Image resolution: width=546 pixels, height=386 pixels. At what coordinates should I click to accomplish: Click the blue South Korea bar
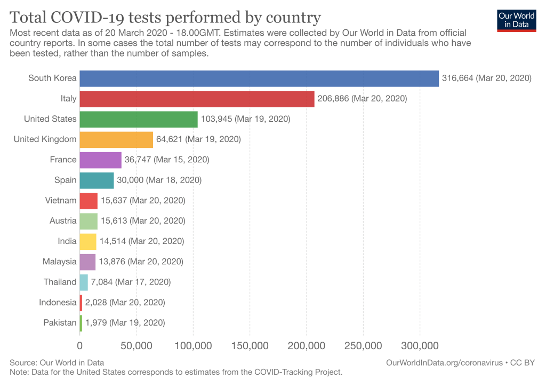pyautogui.click(x=259, y=78)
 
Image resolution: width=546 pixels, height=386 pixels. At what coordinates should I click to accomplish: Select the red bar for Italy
pyautogui.click(x=197, y=99)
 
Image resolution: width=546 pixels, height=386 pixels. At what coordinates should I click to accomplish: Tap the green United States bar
pyautogui.click(x=139, y=119)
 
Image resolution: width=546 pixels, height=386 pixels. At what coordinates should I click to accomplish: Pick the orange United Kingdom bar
pyautogui.click(x=116, y=139)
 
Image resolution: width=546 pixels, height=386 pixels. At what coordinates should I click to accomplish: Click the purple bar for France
pyautogui.click(x=101, y=160)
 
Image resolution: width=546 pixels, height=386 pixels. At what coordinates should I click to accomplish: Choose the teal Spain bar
pyautogui.click(x=97, y=180)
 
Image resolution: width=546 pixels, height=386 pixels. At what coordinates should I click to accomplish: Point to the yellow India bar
pyautogui.click(x=88, y=241)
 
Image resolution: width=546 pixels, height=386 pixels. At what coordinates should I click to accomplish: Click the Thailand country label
pyautogui.click(x=60, y=282)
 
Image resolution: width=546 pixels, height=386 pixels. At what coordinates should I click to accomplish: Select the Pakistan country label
pyautogui.click(x=60, y=322)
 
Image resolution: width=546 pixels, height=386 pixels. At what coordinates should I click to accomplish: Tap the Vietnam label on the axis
pyautogui.click(x=61, y=201)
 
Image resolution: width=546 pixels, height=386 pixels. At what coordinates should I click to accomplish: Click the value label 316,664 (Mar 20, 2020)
pyautogui.click(x=487, y=78)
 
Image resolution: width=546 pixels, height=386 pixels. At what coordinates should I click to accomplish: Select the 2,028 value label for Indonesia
pyautogui.click(x=125, y=302)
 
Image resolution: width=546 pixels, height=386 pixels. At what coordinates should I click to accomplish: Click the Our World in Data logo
pyautogui.click(x=516, y=20)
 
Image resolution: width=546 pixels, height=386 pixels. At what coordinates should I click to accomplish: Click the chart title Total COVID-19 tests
pyautogui.click(x=165, y=17)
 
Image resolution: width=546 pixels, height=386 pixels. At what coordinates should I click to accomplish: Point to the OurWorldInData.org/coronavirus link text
pyautogui.click(x=445, y=363)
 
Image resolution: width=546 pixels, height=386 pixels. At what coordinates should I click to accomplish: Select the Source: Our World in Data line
pyautogui.click(x=57, y=363)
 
